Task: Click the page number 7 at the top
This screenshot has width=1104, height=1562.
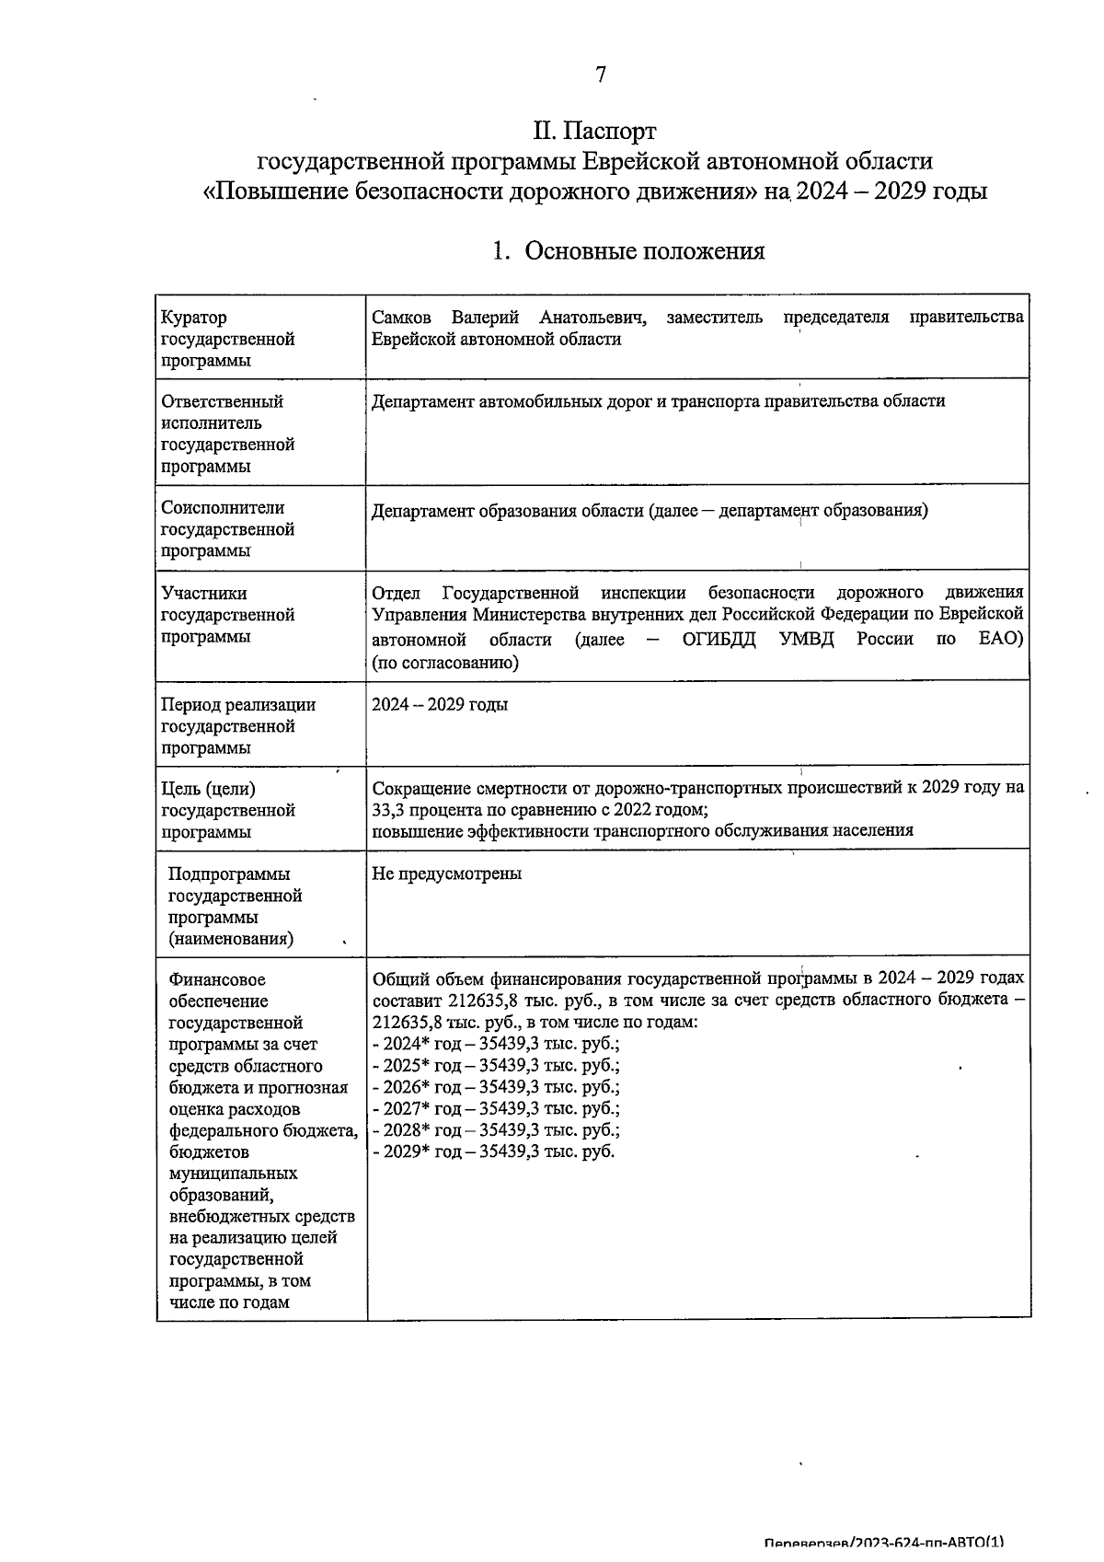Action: tap(600, 75)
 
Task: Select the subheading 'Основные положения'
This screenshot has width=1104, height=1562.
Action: tap(644, 251)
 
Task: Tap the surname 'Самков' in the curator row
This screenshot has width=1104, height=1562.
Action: tap(401, 318)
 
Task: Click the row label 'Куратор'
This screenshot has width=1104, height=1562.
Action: tap(193, 318)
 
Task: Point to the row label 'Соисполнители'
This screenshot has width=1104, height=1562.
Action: tap(223, 508)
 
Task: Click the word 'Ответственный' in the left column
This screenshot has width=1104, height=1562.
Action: tap(222, 401)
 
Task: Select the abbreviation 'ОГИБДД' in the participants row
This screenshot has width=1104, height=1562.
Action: tap(719, 640)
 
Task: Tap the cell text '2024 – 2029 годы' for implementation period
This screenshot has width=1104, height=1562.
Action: tap(439, 705)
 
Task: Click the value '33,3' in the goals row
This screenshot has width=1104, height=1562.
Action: tap(389, 810)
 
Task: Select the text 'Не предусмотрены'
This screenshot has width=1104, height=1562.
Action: tap(446, 874)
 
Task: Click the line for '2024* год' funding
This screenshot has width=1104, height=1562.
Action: tap(496, 1045)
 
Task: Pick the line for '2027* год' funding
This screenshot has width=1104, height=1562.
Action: tap(496, 1109)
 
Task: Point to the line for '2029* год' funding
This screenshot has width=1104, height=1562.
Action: tap(493, 1152)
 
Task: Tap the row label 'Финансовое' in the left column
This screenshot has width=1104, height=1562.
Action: tap(217, 980)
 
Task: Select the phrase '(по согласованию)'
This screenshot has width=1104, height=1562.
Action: tap(445, 663)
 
